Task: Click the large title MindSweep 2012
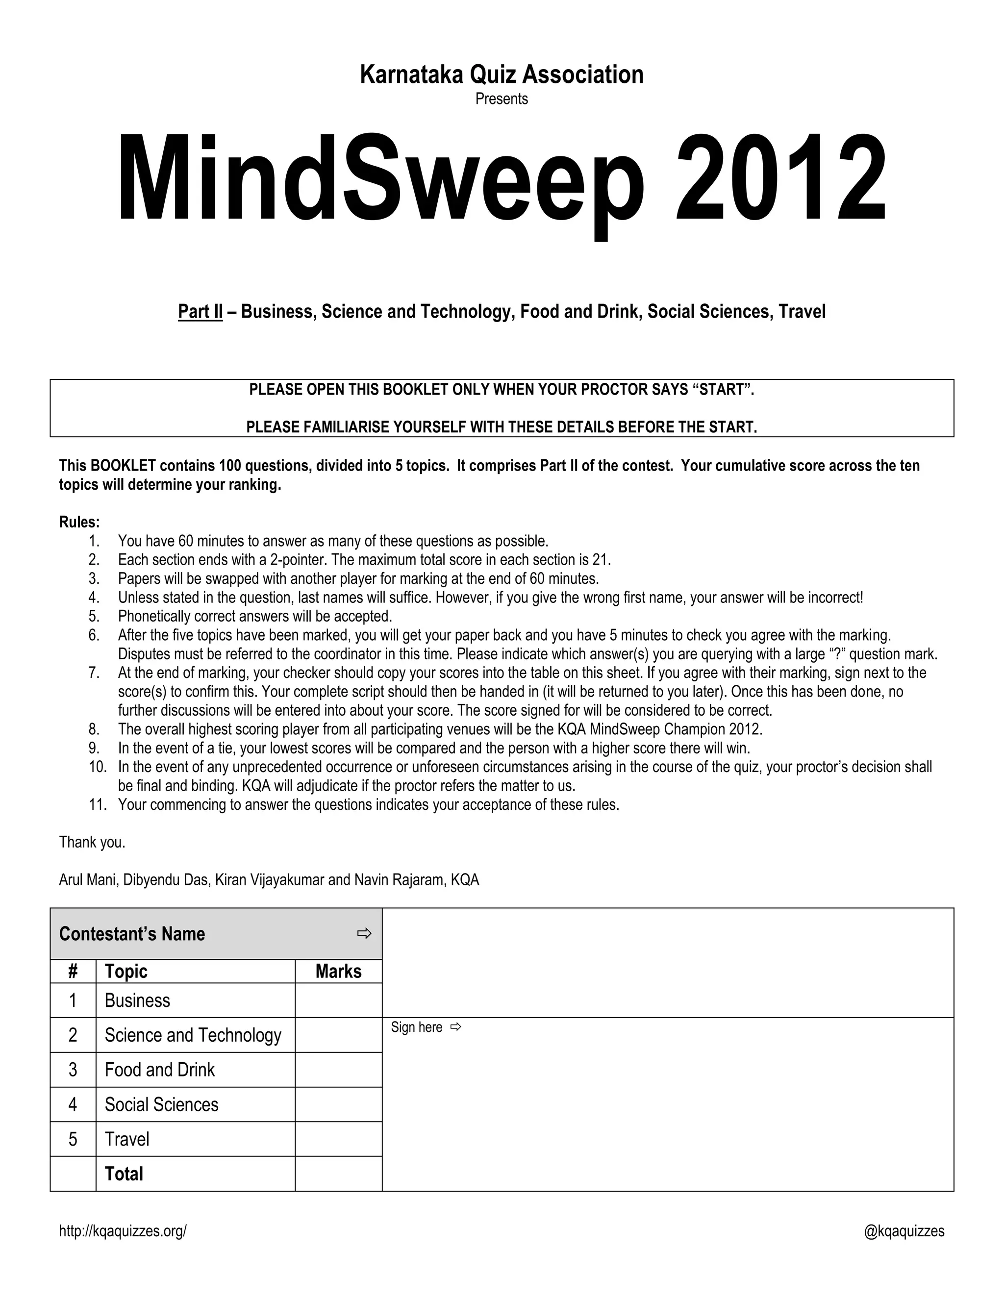tap(502, 178)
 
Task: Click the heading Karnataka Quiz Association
tap(502, 75)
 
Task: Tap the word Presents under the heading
tap(502, 99)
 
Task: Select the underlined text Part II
tap(200, 312)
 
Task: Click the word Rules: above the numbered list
tap(79, 522)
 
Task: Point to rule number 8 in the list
tap(440, 729)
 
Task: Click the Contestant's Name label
tap(132, 934)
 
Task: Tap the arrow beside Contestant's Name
tap(364, 933)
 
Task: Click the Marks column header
tap(338, 971)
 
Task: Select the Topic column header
tap(126, 971)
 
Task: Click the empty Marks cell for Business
tap(338, 1000)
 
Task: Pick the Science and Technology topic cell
tap(193, 1035)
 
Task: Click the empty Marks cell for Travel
tap(338, 1139)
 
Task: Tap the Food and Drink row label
tap(159, 1070)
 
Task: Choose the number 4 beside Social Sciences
tap(73, 1104)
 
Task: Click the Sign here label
tap(417, 1027)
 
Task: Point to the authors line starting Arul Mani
tap(269, 880)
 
